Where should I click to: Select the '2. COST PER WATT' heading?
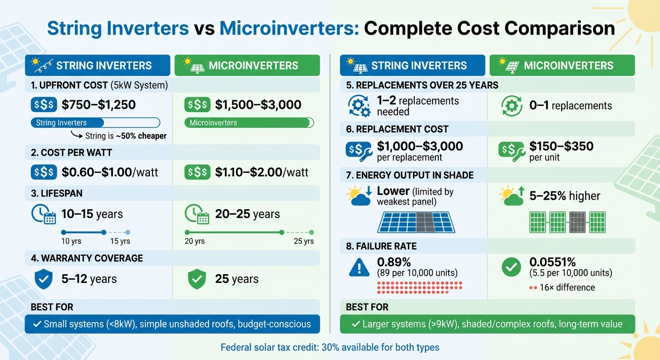tap(71, 152)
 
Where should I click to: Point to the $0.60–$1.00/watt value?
tap(110, 172)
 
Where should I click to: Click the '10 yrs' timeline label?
tap(72, 241)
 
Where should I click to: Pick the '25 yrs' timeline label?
tap(304, 241)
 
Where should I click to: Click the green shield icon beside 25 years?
tap(197, 279)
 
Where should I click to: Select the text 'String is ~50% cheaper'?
tap(126, 136)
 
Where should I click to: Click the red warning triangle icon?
tap(359, 267)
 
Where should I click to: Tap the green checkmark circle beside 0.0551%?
tap(511, 267)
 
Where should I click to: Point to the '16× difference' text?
tap(567, 287)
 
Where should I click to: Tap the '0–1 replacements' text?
tap(570, 105)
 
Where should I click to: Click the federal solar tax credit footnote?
tap(330, 347)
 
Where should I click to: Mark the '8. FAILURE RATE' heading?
tap(381, 246)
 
